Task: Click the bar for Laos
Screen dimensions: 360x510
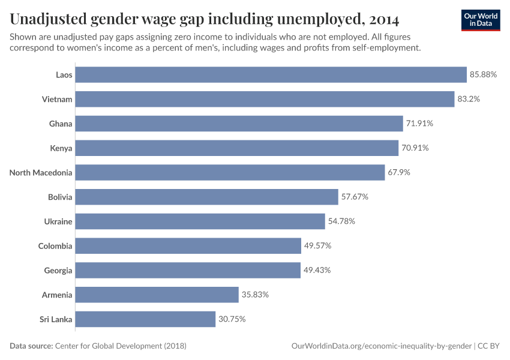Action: [271, 74]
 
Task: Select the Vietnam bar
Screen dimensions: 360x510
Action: [265, 99]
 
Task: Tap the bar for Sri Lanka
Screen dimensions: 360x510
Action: [146, 319]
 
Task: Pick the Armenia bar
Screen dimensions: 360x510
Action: [157, 295]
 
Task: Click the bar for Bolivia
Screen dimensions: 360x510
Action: [207, 197]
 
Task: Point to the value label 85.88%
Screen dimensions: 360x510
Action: [484, 74]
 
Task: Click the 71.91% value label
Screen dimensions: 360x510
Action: [419, 124]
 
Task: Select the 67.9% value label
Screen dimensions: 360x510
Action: [399, 172]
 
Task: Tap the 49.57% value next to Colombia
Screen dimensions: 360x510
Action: [317, 246]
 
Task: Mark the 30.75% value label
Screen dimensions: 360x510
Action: [232, 319]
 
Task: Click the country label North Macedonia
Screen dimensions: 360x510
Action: [41, 173]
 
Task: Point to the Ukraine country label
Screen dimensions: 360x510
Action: [58, 221]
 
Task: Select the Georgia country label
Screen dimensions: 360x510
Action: [58, 271]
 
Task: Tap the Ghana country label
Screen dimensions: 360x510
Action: [61, 124]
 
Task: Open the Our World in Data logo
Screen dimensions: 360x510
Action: [481, 20]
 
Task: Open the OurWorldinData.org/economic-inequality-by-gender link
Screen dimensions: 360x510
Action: [381, 346]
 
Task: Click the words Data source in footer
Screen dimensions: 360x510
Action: [31, 346]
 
